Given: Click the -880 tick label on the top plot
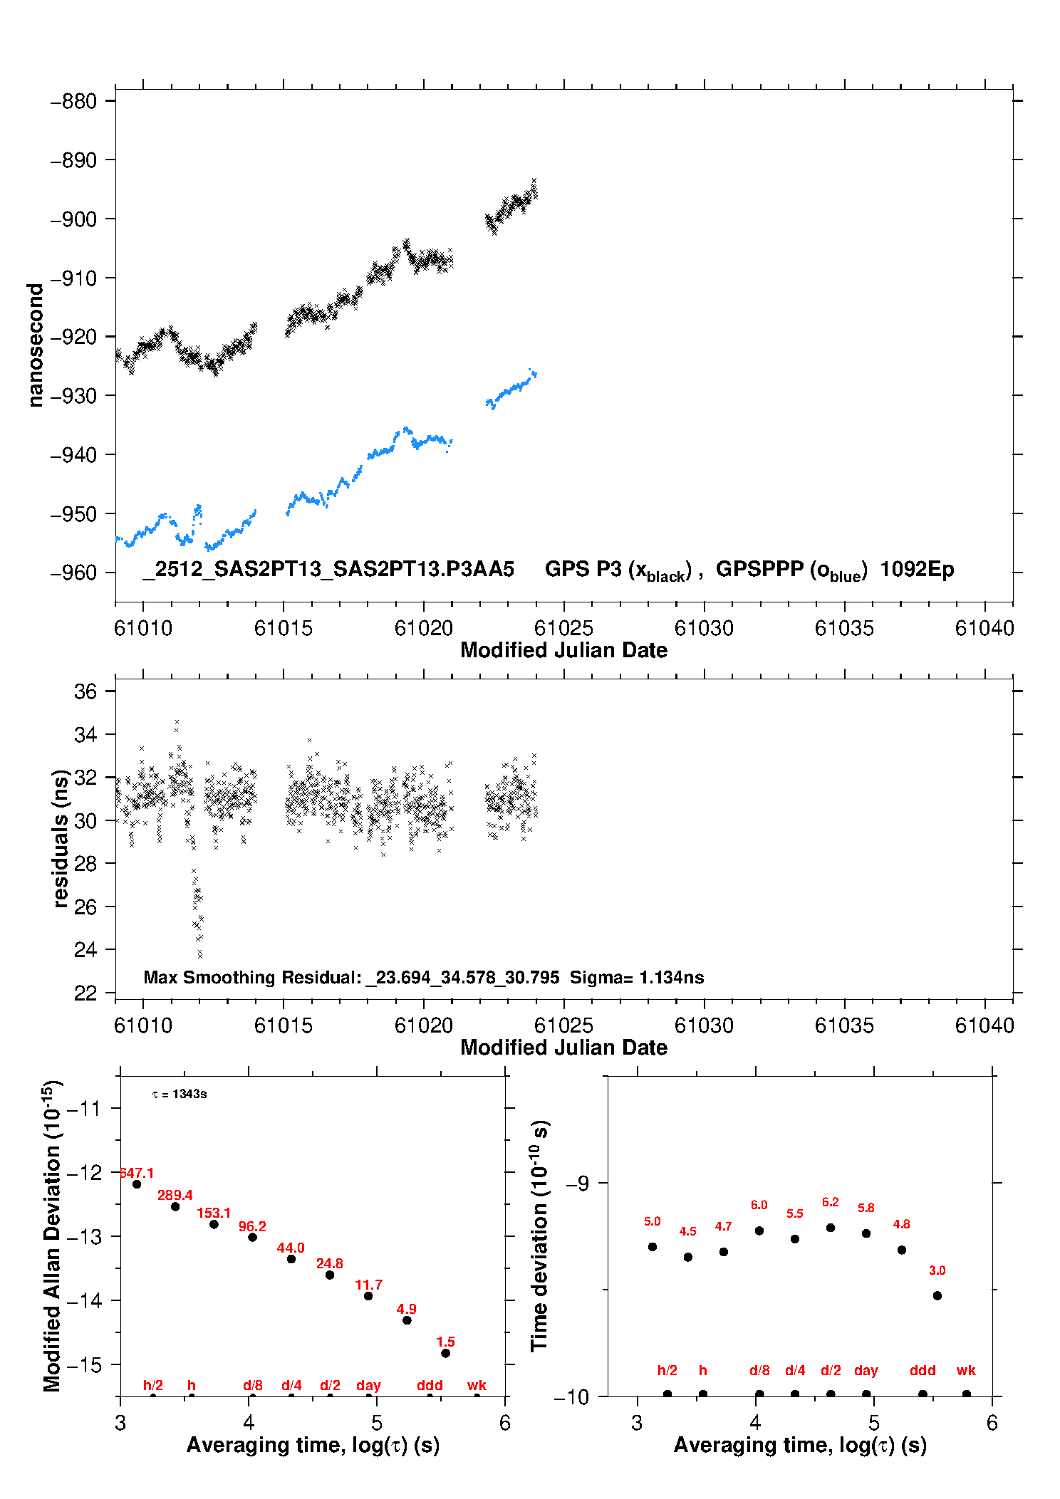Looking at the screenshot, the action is point(73,101).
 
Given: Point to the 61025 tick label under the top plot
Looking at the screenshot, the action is point(563,628).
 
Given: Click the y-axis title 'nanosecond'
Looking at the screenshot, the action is point(35,345).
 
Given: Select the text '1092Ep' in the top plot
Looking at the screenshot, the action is point(917,569).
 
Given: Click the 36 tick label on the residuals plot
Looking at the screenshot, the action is point(85,691).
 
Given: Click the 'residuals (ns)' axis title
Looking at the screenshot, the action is point(61,838).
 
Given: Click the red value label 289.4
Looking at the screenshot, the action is point(175,1195).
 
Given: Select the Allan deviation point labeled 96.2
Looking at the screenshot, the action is point(252,1237).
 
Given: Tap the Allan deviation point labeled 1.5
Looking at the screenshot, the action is point(445,1353).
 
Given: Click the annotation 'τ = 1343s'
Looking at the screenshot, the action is point(180,1094).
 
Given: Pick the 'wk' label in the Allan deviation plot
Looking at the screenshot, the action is point(477,1385).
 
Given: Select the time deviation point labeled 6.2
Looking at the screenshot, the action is point(830,1228).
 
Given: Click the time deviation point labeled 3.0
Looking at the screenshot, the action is point(937,1295).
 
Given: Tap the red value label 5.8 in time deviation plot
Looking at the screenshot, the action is point(866,1208).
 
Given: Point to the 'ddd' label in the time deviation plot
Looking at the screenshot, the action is point(923,1370).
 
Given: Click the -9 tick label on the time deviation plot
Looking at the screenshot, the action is point(577,1184).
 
